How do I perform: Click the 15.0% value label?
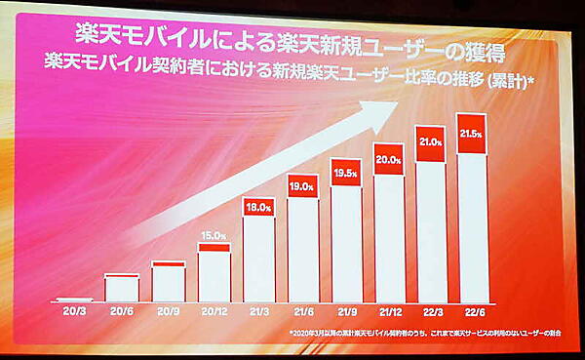tap(214, 235)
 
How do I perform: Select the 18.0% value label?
tap(258, 207)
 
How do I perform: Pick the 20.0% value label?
tap(390, 160)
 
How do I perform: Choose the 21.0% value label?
tap(432, 142)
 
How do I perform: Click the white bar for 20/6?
tap(122, 289)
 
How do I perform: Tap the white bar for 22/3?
tap(432, 229)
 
